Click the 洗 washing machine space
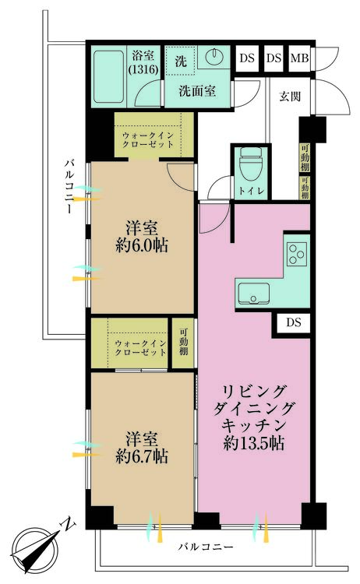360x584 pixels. (181, 60)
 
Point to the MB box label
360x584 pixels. (299, 58)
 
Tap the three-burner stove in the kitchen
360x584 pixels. (297, 253)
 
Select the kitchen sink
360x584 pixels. (255, 294)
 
